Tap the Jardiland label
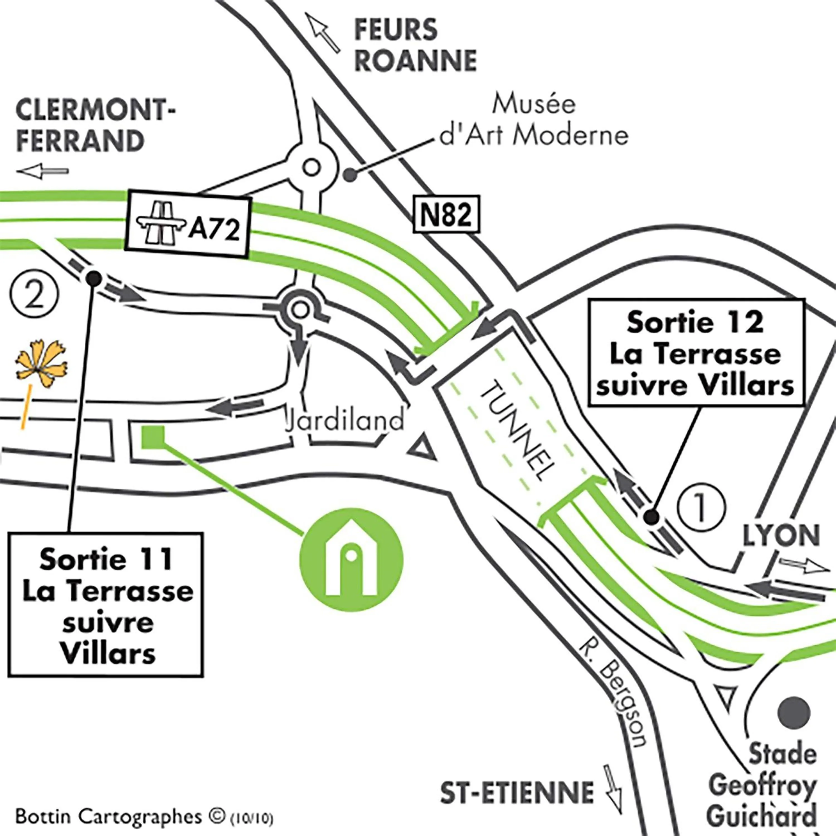345,420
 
